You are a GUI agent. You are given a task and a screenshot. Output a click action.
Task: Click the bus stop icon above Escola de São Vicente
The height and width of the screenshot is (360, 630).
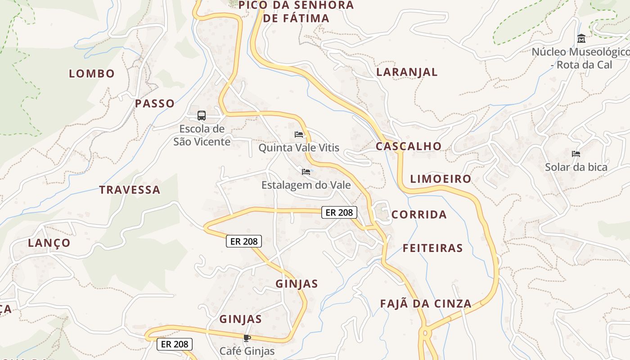(x=202, y=116)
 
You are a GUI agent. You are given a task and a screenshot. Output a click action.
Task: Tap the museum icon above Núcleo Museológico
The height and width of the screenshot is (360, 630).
(x=581, y=38)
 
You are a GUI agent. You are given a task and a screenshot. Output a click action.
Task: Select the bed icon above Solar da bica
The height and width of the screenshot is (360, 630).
(x=576, y=154)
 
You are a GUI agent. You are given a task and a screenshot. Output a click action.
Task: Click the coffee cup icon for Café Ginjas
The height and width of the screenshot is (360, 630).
(x=247, y=338)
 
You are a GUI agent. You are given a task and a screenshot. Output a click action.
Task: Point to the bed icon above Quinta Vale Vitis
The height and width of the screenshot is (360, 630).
(x=298, y=134)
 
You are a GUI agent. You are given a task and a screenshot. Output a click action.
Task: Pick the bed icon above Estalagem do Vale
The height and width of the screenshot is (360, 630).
(x=306, y=172)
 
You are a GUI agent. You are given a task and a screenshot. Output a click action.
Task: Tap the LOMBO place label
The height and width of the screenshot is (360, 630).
(x=92, y=74)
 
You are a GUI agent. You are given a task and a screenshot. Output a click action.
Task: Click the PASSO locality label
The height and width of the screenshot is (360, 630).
(x=155, y=103)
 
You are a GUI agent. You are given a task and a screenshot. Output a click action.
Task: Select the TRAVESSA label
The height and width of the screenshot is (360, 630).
(x=130, y=190)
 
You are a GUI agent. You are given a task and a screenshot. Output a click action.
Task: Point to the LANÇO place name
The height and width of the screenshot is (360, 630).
(x=49, y=243)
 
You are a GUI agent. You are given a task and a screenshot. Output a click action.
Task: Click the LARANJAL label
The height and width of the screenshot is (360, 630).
(x=407, y=72)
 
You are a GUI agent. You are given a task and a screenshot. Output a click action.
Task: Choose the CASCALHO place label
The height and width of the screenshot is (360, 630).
(x=409, y=146)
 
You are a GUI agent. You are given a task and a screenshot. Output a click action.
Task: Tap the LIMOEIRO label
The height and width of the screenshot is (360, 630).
(x=441, y=179)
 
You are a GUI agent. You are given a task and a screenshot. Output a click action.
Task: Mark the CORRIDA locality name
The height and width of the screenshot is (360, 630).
(x=419, y=215)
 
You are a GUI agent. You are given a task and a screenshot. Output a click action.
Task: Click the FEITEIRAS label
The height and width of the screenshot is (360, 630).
(x=432, y=248)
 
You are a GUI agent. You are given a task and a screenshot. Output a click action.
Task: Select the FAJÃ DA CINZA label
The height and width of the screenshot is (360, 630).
(x=426, y=304)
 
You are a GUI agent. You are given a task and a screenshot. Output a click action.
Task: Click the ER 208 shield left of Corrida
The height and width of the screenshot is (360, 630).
(x=339, y=212)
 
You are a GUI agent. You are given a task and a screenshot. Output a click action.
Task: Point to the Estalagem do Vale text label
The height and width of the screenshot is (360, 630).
(x=306, y=185)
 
